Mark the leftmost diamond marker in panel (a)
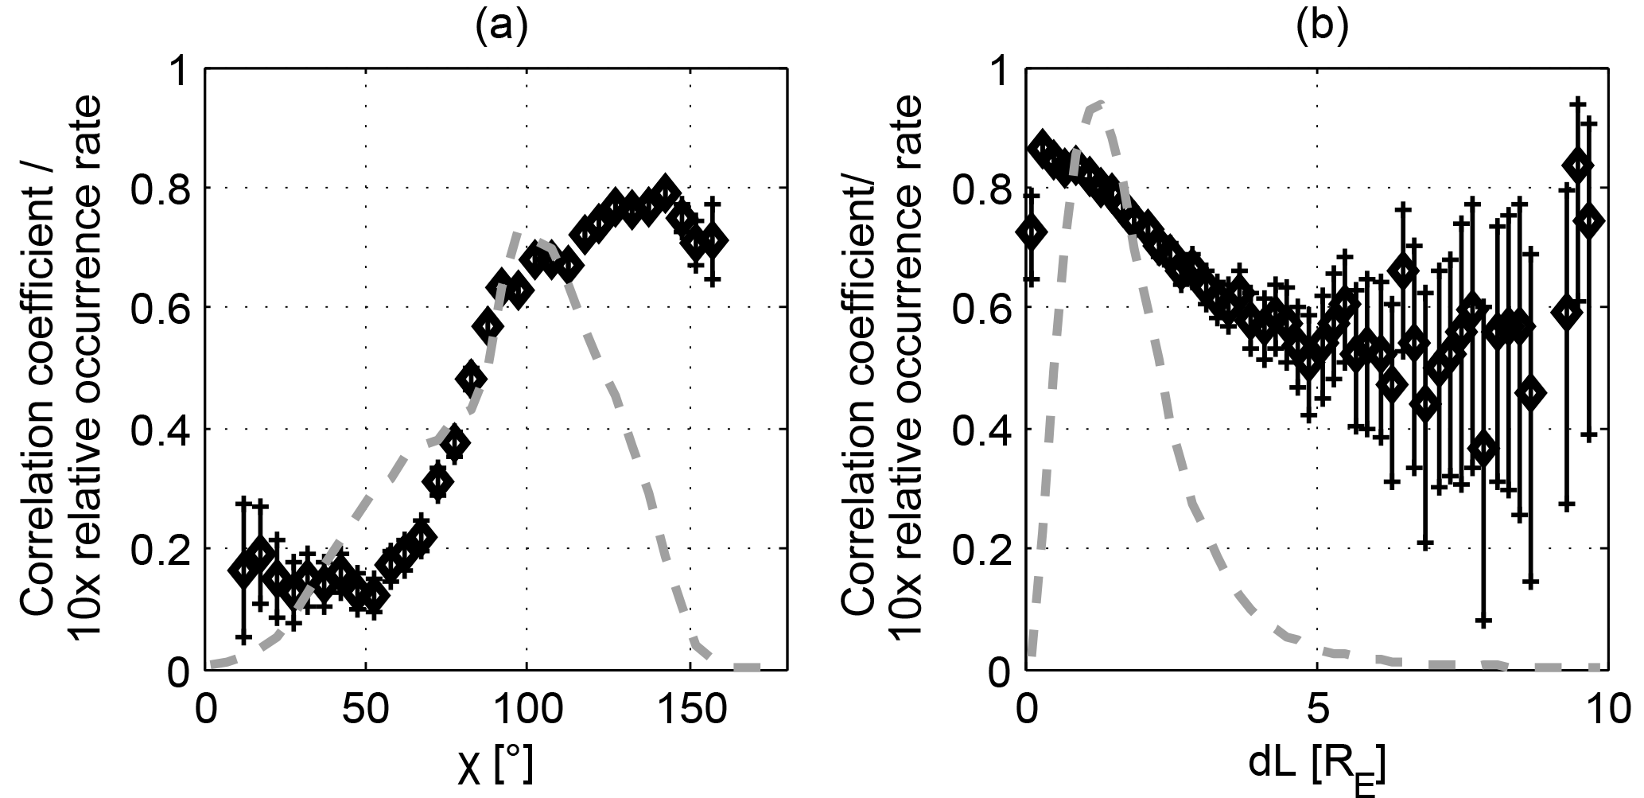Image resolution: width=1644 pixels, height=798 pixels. (x=243, y=570)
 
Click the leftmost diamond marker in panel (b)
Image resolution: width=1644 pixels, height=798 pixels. (x=1032, y=232)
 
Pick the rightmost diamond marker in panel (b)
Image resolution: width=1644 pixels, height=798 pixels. (x=1589, y=220)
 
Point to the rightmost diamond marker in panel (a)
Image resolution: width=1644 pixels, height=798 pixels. (x=713, y=240)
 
